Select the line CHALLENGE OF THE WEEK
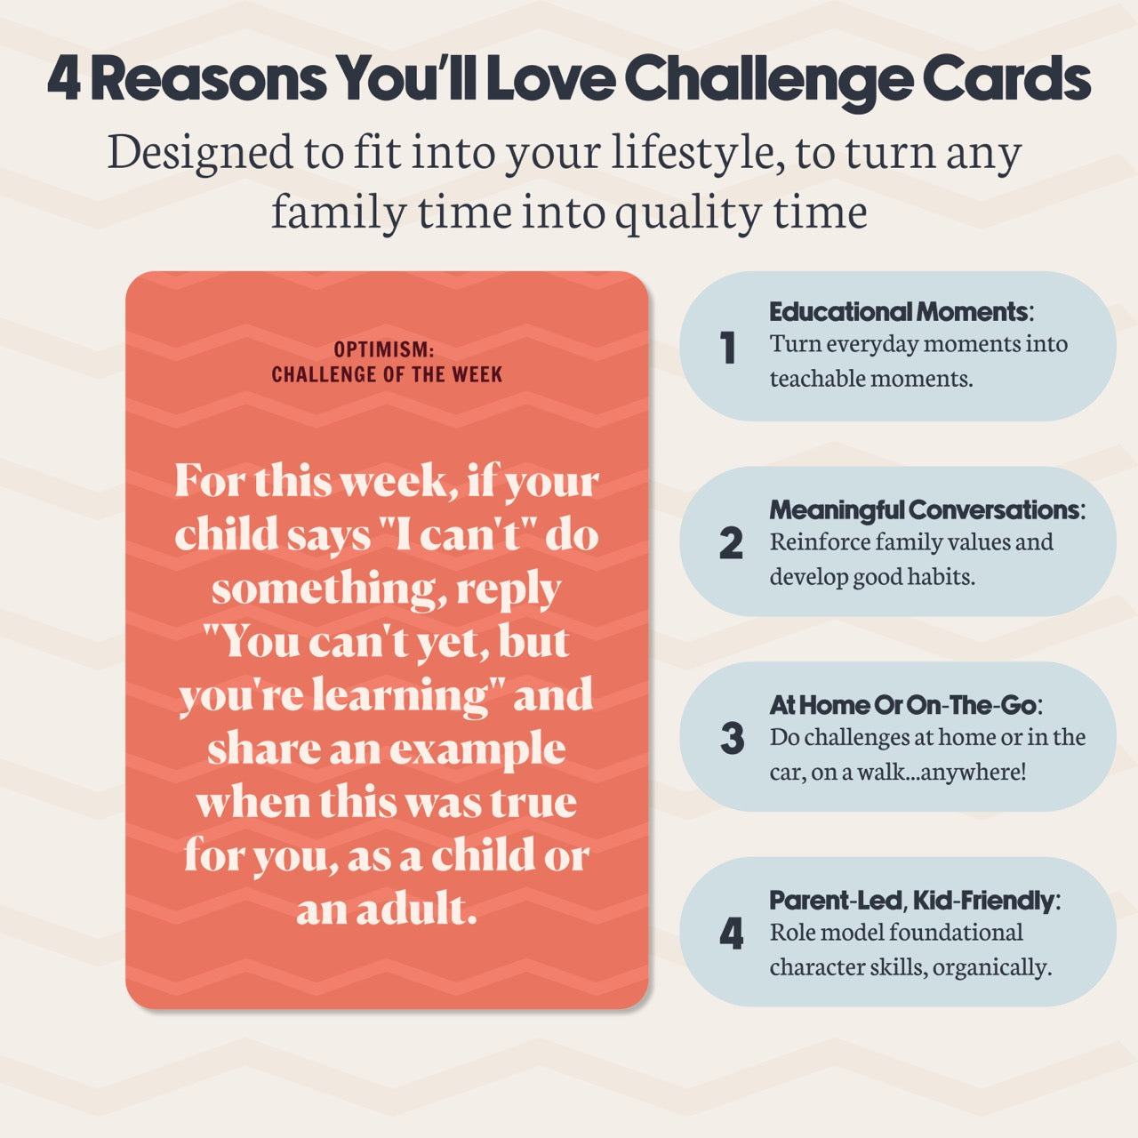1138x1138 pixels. [x=387, y=374]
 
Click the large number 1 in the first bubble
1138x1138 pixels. [x=729, y=348]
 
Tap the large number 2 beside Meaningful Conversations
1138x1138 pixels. [x=731, y=543]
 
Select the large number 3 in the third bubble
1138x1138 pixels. [x=732, y=738]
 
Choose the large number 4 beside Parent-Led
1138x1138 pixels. [x=731, y=934]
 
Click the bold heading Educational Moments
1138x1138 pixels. [x=899, y=312]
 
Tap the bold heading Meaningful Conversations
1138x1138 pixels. [x=925, y=509]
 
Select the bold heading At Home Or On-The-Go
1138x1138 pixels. [x=903, y=705]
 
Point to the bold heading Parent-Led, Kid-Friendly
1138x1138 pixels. [x=912, y=901]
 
